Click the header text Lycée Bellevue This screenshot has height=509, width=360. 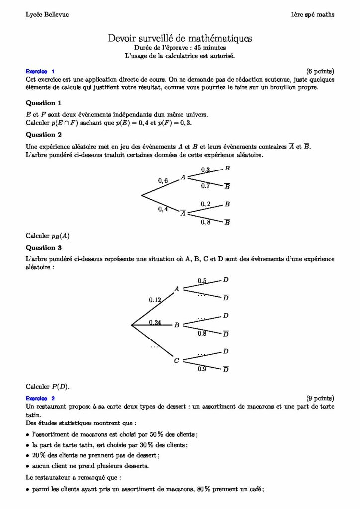47,15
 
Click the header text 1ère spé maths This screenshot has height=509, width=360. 313,15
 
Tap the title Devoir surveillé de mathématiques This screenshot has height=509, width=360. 180,38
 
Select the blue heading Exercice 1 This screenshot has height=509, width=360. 40,71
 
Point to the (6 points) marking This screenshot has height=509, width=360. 320,71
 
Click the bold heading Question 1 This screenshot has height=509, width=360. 43,103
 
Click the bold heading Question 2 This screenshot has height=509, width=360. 43,134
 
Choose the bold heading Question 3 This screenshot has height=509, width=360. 43,247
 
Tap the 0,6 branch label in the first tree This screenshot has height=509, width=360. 163,181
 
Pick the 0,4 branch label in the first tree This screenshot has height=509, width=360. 163,209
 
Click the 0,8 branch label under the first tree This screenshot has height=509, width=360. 205,222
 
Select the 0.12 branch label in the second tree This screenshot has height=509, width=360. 155,300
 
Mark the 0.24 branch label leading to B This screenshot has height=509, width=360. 155,323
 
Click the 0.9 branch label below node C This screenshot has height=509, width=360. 202,369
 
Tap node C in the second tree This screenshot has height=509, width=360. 176,361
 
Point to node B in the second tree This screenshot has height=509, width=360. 176,325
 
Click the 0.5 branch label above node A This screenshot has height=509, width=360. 202,281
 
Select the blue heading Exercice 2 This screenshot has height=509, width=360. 40,398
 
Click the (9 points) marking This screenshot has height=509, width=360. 320,398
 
